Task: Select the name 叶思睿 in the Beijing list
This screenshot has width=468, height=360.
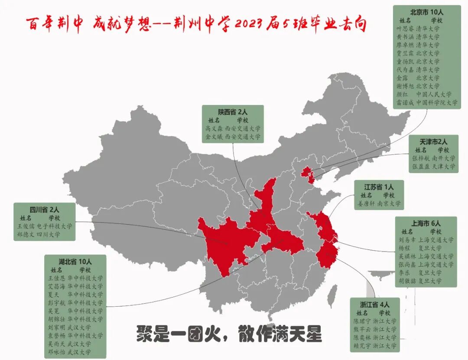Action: [x=405, y=28]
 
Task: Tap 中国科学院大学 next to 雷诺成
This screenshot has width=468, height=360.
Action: [x=437, y=103]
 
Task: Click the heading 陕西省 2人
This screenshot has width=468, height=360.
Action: [x=232, y=111]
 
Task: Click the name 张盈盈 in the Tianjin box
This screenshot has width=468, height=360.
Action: [x=421, y=167]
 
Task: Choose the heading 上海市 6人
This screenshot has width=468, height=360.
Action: [x=426, y=223]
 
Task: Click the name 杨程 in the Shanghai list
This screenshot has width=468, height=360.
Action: [x=404, y=248]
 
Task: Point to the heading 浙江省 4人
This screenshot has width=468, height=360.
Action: [x=374, y=304]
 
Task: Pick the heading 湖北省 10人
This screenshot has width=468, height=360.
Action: [x=75, y=261]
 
